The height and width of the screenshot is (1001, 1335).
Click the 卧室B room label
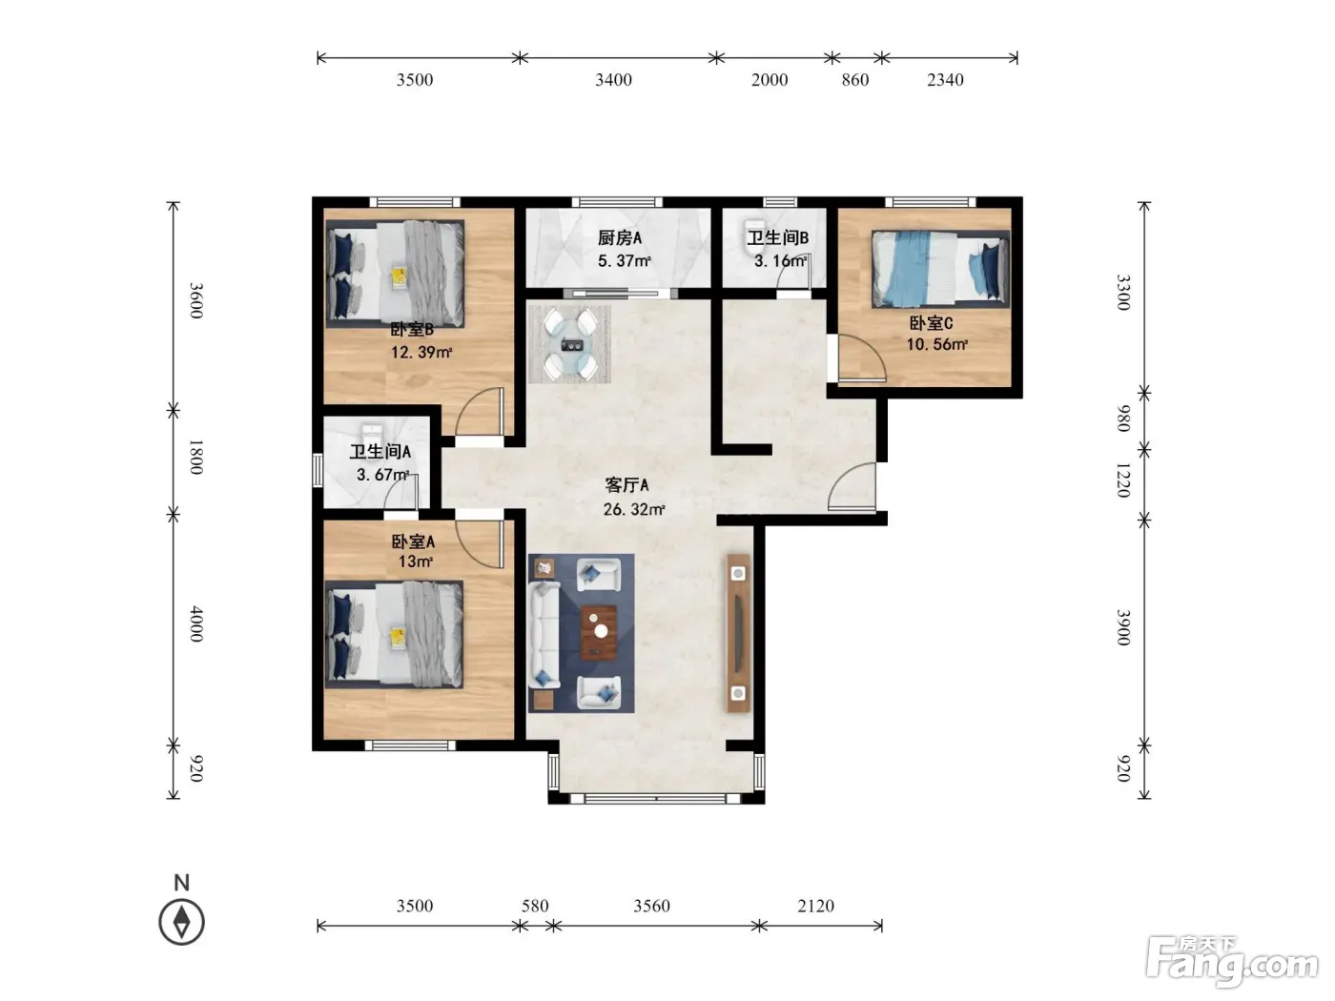coord(412,330)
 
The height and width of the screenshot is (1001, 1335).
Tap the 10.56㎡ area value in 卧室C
coord(936,344)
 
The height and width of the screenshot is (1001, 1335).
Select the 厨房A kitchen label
coord(619,238)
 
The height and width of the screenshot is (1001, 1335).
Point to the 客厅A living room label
coord(626,485)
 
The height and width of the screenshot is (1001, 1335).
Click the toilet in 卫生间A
coord(372,437)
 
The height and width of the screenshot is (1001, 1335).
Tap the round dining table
coord(570,344)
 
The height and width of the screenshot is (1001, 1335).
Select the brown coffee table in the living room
coord(599,632)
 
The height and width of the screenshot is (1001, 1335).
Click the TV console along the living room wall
coord(738,633)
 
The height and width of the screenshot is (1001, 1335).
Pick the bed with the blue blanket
coord(940,269)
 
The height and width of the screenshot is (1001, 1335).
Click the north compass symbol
coord(181,922)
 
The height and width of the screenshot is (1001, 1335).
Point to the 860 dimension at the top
coord(855,80)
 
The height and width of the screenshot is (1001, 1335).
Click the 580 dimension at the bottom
coord(535,907)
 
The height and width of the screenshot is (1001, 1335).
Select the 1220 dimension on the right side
coord(1122,480)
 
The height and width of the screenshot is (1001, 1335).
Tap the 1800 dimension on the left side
coord(195,457)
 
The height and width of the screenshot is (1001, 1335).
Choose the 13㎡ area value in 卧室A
coord(416,561)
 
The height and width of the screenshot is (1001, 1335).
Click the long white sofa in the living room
coord(544,635)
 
